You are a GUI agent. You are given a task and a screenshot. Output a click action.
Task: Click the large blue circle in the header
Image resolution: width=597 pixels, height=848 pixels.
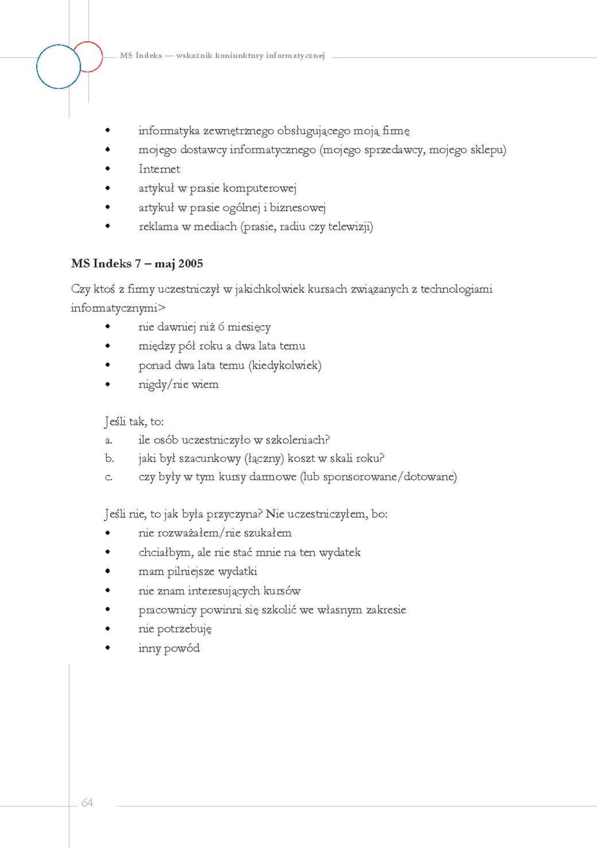(x=59, y=67)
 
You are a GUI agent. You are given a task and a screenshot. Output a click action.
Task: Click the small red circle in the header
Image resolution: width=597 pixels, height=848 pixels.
(x=88, y=57)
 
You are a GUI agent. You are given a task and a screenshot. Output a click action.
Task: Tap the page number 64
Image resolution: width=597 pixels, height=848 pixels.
(x=87, y=803)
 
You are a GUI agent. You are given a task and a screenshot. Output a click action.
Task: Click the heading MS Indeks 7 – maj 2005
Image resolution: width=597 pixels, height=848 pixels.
(x=137, y=264)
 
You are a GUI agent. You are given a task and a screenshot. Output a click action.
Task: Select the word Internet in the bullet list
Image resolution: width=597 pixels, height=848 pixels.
(x=159, y=169)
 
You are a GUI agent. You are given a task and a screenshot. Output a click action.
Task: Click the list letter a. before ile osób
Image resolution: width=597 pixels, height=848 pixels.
(x=109, y=440)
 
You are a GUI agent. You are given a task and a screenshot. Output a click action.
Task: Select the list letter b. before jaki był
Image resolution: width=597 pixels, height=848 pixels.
(x=109, y=458)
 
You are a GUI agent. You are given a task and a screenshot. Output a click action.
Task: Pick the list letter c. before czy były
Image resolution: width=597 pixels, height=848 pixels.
(x=109, y=477)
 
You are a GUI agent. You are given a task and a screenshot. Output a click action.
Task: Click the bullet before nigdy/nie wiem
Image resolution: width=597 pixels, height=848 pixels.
(x=107, y=384)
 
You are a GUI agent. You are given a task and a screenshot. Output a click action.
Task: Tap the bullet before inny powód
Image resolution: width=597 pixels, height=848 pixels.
(x=107, y=648)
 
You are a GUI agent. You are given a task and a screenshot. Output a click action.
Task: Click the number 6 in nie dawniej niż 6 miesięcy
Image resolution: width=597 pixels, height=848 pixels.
(x=221, y=327)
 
